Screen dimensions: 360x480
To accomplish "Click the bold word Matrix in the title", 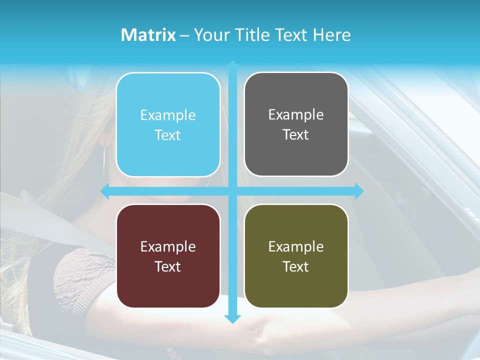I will coord(148,35).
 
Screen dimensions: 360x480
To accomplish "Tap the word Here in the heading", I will coord(332,35).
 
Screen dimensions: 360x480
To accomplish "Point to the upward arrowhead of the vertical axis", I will coord(232,64).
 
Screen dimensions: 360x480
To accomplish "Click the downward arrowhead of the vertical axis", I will coord(232,319).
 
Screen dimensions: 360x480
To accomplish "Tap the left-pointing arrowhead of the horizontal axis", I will coord(104,191).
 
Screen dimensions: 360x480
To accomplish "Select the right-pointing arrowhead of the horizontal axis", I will coord(359,191).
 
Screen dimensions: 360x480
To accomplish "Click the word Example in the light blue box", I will coord(168,115).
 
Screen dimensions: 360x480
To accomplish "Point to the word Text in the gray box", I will coord(296,135).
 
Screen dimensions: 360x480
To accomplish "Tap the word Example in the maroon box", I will coord(168,247).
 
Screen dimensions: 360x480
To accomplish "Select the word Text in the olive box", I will coord(296,266).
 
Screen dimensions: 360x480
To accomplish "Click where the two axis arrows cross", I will coord(232,191).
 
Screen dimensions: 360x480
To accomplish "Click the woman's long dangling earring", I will coord(104,160).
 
